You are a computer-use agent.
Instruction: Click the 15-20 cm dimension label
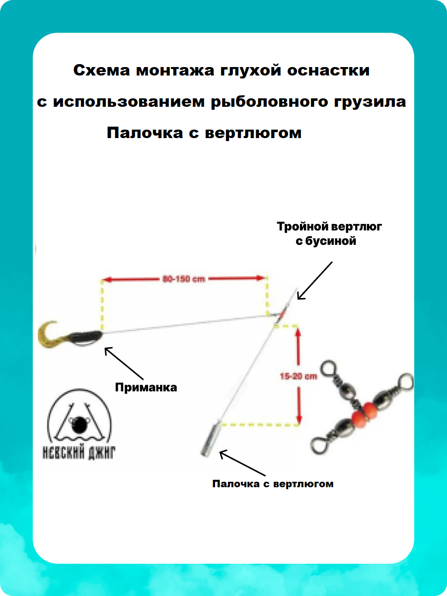pos(298,376)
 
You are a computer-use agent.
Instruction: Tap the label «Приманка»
pos(146,387)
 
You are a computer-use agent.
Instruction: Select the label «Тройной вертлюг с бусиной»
pos(329,234)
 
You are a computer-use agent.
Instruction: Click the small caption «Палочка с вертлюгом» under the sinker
pos(273,483)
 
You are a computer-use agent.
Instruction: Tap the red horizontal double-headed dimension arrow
pos(185,279)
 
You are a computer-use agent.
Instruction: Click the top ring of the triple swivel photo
pos(328,368)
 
